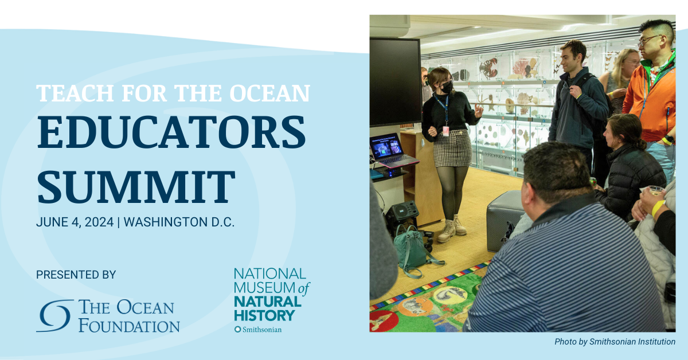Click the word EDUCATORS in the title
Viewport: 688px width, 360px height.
171,132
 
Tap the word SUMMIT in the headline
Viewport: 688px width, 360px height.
136,186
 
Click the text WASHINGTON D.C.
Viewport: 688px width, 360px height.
179,222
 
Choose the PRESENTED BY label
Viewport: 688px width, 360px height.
76,275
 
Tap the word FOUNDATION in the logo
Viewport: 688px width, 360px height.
129,326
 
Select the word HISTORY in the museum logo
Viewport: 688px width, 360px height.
264,315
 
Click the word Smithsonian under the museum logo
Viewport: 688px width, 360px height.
261,330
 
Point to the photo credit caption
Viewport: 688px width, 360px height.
615,342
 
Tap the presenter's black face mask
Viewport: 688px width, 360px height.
447,88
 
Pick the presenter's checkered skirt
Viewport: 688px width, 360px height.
453,148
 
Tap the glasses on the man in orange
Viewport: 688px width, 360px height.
650,40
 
